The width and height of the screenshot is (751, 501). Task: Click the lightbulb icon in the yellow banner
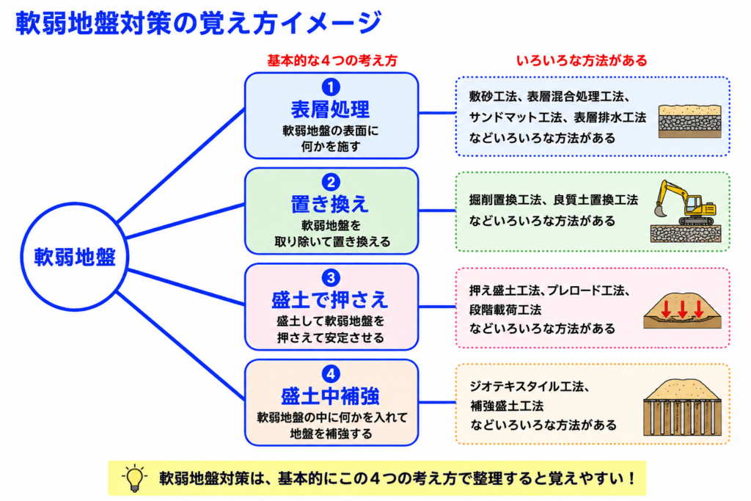click(135, 478)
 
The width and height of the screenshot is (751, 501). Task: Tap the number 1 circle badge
click(331, 87)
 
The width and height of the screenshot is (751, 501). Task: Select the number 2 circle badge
click(331, 183)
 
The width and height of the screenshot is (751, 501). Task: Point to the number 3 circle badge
click(331, 278)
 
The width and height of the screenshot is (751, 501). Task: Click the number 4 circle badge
click(331, 373)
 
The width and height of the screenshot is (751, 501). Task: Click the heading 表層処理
click(331, 110)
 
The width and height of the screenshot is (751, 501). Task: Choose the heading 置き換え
click(331, 205)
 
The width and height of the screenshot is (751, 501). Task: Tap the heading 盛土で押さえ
click(330, 300)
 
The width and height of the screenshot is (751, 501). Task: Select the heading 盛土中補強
click(331, 396)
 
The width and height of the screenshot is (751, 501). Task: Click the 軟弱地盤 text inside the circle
click(75, 257)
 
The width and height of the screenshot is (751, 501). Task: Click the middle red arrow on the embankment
click(683, 309)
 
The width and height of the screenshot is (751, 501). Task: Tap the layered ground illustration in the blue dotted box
click(689, 121)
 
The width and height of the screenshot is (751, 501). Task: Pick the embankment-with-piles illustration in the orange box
click(682, 406)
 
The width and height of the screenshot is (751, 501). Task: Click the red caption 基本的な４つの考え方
click(332, 61)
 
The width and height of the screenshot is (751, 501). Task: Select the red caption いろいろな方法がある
click(582, 61)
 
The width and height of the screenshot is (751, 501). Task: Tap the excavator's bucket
click(661, 211)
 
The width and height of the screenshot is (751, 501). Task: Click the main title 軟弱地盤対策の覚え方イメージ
click(199, 23)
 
